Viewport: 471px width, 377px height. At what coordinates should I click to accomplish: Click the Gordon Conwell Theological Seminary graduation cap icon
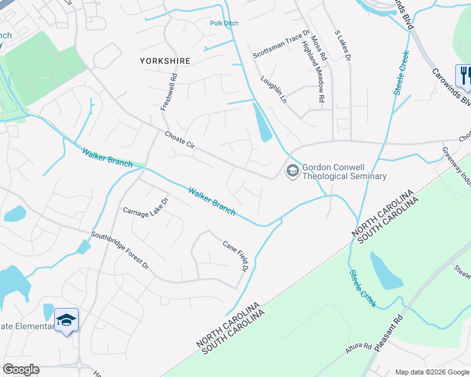pos(292,172)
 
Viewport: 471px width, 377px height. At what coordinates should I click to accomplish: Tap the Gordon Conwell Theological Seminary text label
pos(344,172)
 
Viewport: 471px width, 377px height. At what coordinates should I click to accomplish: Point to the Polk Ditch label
pos(224,23)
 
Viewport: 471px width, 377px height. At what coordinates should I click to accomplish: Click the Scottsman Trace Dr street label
pos(281,43)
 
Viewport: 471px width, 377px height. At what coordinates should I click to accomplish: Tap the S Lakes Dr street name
pos(342,45)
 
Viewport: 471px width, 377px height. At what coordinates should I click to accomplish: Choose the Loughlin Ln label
pos(274,91)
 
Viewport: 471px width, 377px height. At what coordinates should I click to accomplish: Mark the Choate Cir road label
pos(181,139)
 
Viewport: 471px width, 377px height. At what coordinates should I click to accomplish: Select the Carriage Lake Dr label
pos(146,208)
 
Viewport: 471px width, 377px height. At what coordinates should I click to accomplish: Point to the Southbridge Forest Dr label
pos(119,252)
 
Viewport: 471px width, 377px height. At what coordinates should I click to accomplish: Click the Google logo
pos(21,369)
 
